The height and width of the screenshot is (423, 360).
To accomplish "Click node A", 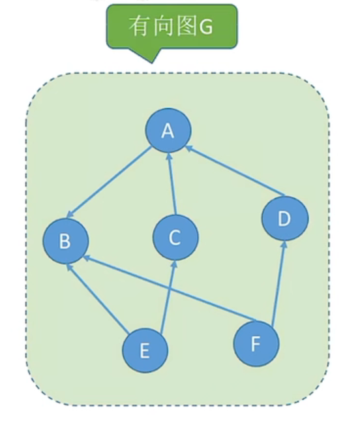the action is pos(168,131).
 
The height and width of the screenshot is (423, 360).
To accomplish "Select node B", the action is pos(65,241).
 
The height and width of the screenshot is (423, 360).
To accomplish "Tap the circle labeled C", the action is pos(175,238).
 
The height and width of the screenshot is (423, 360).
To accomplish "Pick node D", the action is pos(285,218).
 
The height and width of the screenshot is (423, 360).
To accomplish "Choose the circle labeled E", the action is pos(145,351).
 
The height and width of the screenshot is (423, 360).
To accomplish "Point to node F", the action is pos(256,343).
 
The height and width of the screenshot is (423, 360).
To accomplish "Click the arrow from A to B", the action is pos(109,182).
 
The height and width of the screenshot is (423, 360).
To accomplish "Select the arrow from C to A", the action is pos(172,183).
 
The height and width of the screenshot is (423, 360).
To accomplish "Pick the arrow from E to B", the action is pos(97,298).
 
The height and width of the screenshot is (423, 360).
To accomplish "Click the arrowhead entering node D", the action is pos(284,245).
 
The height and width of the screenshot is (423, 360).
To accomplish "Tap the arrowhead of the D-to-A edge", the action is pos(189,148).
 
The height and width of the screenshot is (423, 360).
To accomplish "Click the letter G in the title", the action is pos(205,27).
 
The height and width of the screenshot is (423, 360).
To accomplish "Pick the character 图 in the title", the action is pos(187,26).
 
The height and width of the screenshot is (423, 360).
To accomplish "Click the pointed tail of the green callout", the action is pos(152,63).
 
